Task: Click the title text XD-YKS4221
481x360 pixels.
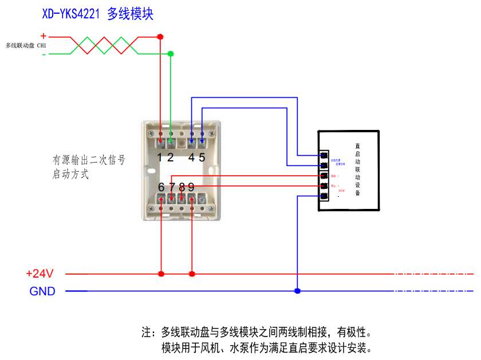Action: click(x=72, y=14)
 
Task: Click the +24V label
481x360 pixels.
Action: click(x=40, y=274)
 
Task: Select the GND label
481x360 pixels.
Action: click(x=42, y=291)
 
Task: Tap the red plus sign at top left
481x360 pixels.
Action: click(x=43, y=35)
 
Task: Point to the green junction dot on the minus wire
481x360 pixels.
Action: click(x=170, y=54)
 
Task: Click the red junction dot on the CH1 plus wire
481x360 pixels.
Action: click(x=160, y=37)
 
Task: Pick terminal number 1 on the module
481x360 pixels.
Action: click(x=160, y=157)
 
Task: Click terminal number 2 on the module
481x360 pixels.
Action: click(x=170, y=157)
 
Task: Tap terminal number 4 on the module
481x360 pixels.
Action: click(x=191, y=157)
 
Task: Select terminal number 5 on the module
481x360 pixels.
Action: click(x=202, y=157)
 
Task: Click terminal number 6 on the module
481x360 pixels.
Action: click(x=161, y=187)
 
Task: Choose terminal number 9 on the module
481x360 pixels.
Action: click(x=191, y=187)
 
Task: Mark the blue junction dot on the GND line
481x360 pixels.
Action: click(x=297, y=291)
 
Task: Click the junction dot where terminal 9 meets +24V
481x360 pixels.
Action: click(x=192, y=274)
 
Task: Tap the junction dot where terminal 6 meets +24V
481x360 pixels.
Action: click(x=161, y=274)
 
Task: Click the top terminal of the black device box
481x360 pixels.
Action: click(x=324, y=155)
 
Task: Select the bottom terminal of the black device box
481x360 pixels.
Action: click(x=324, y=196)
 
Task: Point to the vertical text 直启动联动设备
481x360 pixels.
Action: click(x=357, y=170)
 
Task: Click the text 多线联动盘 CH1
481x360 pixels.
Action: click(x=26, y=45)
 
